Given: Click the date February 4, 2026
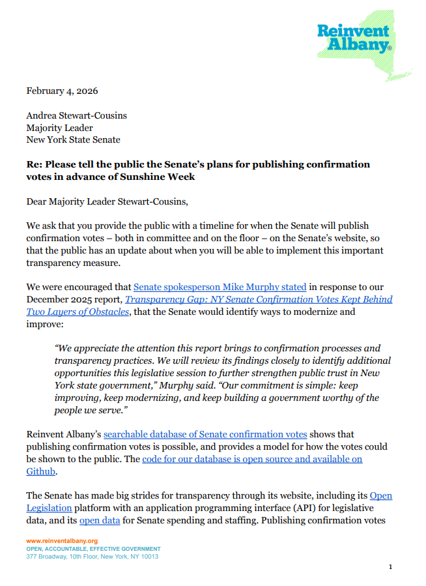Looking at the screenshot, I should [62, 91].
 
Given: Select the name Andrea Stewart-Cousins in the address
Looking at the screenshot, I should [76, 115].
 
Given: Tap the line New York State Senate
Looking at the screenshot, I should [73, 139].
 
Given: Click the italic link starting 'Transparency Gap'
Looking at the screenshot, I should [259, 299].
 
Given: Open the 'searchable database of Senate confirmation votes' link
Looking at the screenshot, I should [205, 434].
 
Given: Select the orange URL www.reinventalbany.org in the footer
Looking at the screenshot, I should [62, 541].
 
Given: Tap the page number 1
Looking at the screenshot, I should [390, 567].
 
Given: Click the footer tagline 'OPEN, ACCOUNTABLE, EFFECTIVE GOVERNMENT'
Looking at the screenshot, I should [92, 549].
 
